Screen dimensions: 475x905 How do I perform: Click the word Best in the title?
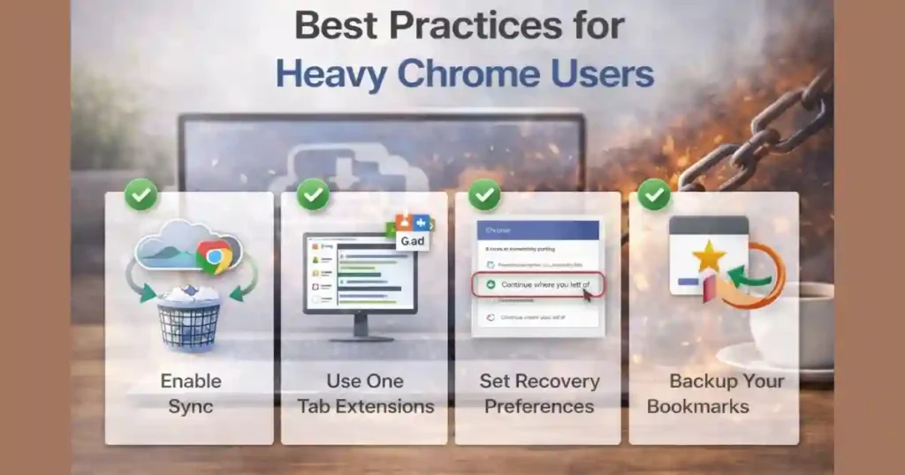[x=335, y=26]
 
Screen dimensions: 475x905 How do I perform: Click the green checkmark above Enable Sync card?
[x=141, y=194]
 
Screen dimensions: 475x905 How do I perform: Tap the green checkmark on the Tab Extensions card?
[x=313, y=194]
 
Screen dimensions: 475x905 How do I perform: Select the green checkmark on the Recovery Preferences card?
[x=484, y=194]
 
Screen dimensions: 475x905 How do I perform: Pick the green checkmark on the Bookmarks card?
[x=654, y=194]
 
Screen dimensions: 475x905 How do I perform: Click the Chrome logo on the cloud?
[x=214, y=256]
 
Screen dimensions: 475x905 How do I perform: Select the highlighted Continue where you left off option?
[x=537, y=285]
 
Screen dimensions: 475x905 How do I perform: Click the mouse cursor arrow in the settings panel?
[x=587, y=294]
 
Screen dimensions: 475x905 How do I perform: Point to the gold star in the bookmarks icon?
[x=709, y=257]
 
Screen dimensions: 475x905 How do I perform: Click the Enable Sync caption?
[x=190, y=394]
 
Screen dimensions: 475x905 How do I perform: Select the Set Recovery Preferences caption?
[x=538, y=394]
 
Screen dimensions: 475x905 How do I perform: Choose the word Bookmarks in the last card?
[x=697, y=407]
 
